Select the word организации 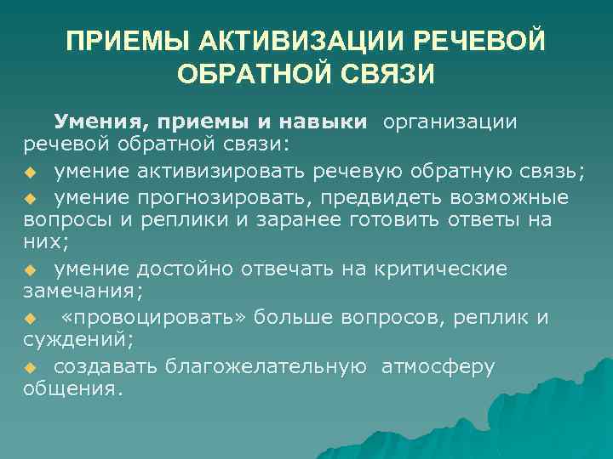(450, 122)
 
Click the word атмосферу (438, 366)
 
